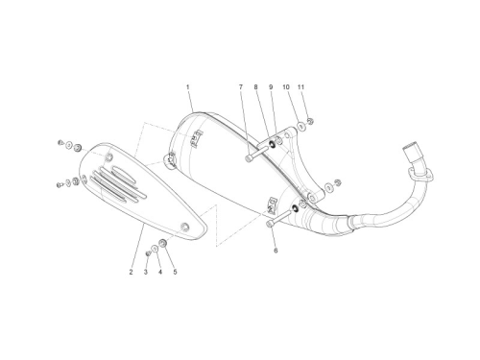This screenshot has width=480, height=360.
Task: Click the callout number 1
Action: [x=188, y=87]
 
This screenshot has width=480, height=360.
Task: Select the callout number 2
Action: [x=131, y=272]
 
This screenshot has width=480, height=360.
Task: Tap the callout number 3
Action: [x=146, y=272]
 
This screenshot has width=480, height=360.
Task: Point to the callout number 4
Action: [x=160, y=272]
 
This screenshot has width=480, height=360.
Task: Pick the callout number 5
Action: [x=175, y=272]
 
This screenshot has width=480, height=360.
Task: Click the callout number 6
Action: [x=276, y=251]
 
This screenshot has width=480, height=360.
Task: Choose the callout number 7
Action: [x=241, y=87]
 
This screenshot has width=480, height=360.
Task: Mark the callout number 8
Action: [x=255, y=87]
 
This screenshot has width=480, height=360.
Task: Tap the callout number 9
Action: [x=271, y=87]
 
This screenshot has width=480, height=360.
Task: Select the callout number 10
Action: [x=286, y=87]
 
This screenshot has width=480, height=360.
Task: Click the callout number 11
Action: [x=300, y=87]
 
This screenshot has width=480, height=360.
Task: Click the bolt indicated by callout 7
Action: [x=258, y=152]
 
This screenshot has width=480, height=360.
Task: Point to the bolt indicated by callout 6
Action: [x=279, y=217]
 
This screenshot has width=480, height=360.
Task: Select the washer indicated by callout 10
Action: [x=301, y=127]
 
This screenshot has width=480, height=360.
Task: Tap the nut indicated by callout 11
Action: [x=310, y=121]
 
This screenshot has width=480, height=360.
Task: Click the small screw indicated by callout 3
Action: [x=148, y=253]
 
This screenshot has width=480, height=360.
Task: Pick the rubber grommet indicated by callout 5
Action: [x=162, y=243]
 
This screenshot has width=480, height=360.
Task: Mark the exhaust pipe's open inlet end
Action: [x=410, y=149]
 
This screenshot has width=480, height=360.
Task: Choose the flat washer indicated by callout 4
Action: [x=155, y=249]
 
